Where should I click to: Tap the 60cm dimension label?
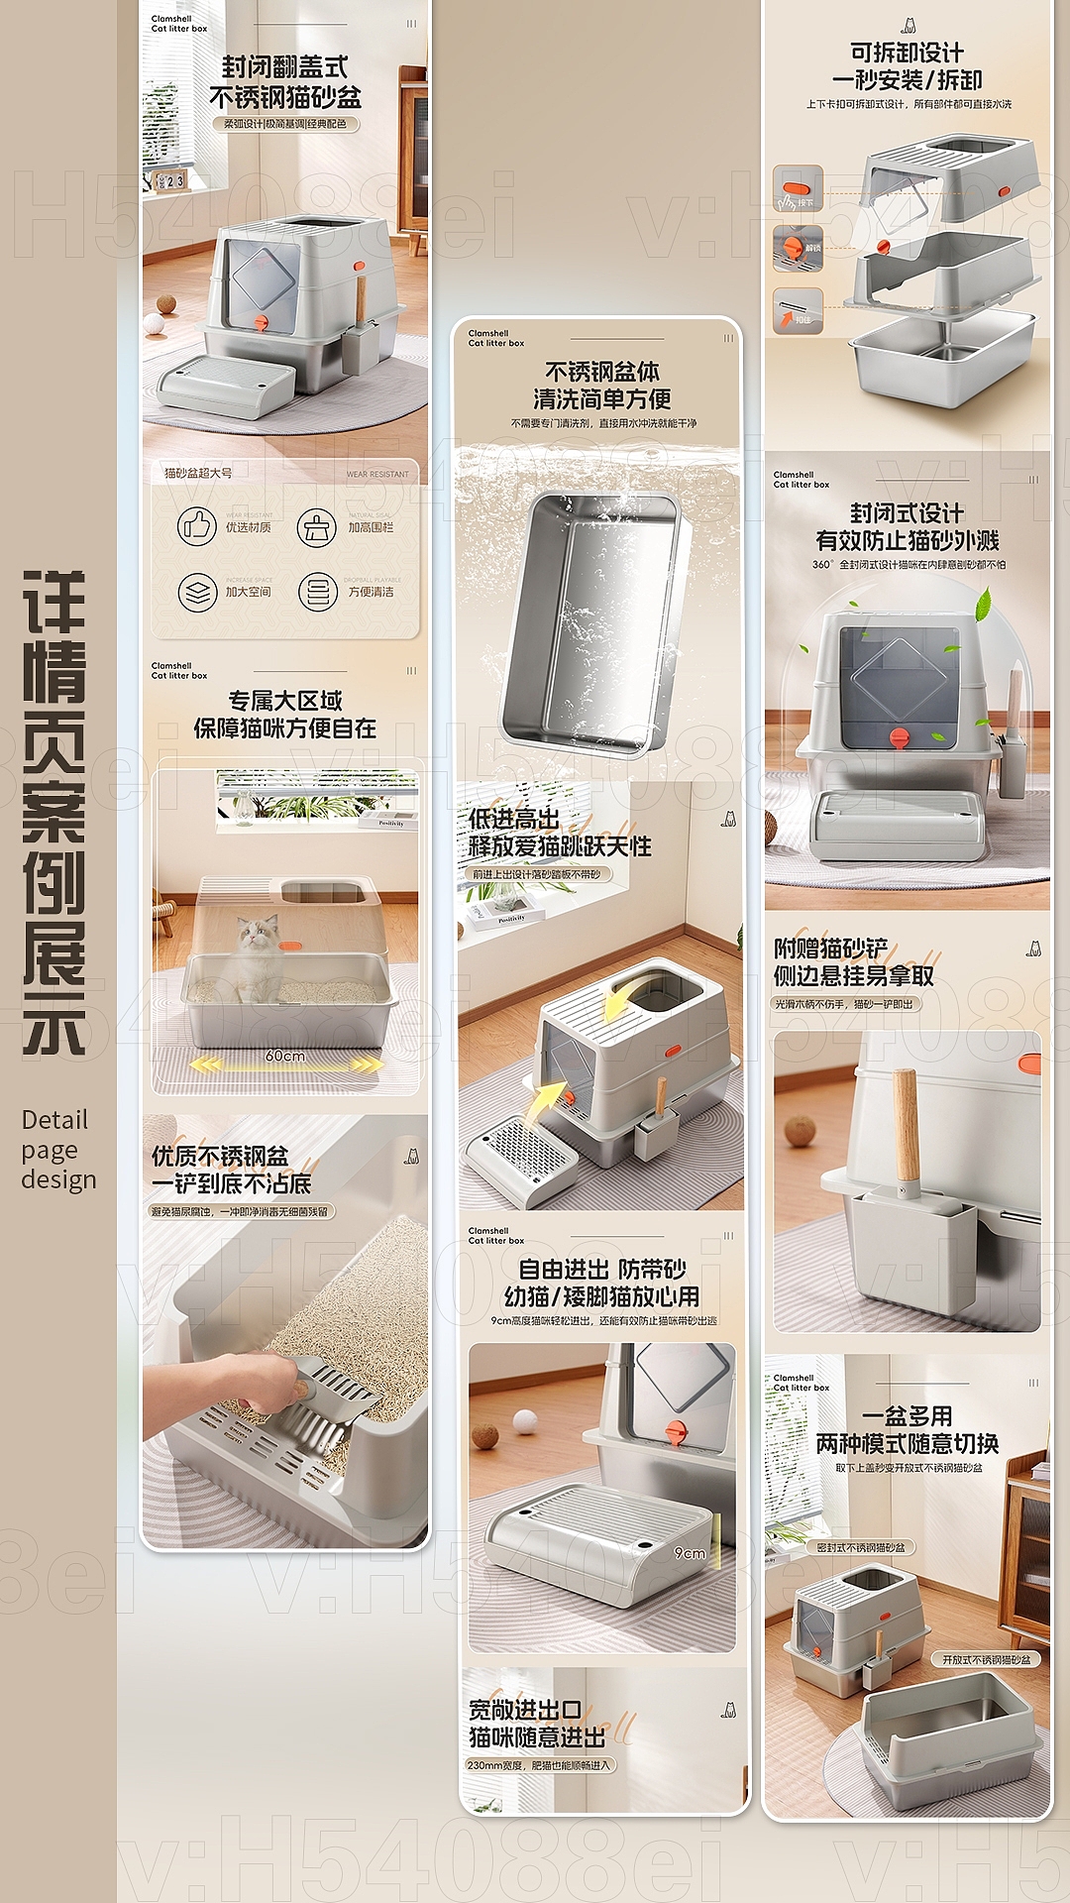(284, 1056)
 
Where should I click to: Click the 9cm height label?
(690, 1553)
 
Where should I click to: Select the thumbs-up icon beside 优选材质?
(197, 526)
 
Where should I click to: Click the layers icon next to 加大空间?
(197, 592)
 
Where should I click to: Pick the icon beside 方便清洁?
(317, 592)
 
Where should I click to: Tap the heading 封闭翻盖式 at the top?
(284, 67)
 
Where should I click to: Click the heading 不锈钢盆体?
(601, 372)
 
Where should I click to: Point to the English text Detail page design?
(58, 1150)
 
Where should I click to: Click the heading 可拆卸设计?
(907, 53)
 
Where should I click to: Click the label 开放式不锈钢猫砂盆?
(985, 1659)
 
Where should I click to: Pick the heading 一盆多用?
(907, 1416)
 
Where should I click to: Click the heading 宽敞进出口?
(525, 1710)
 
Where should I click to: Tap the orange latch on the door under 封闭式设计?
(900, 737)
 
